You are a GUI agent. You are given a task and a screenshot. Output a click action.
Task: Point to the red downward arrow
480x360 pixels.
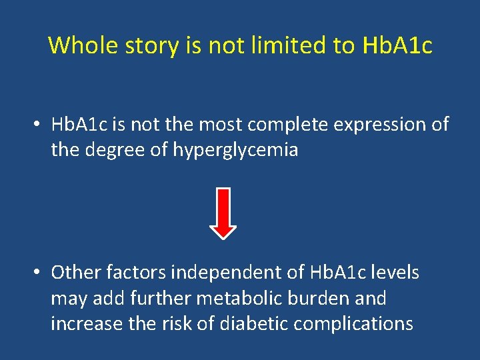pyautogui.click(x=223, y=213)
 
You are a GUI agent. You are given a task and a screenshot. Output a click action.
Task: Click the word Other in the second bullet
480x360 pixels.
pyautogui.click(x=74, y=273)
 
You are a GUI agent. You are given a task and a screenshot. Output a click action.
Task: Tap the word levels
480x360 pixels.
pyautogui.click(x=395, y=273)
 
